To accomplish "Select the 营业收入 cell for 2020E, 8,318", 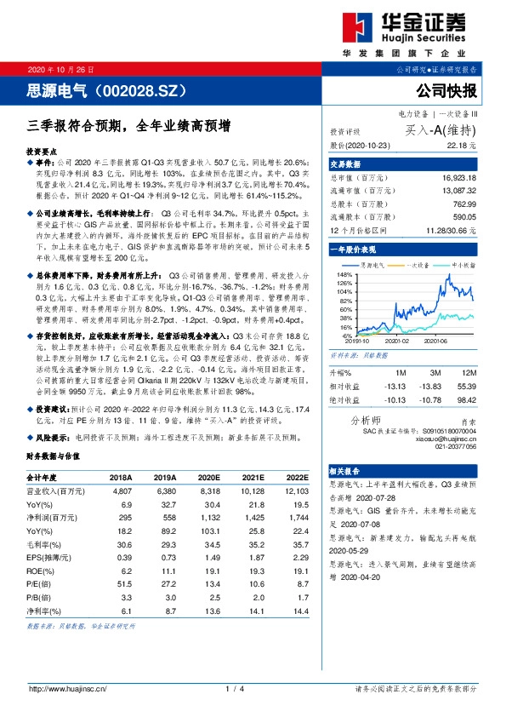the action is (212, 491).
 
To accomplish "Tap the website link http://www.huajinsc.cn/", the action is (67, 689).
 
